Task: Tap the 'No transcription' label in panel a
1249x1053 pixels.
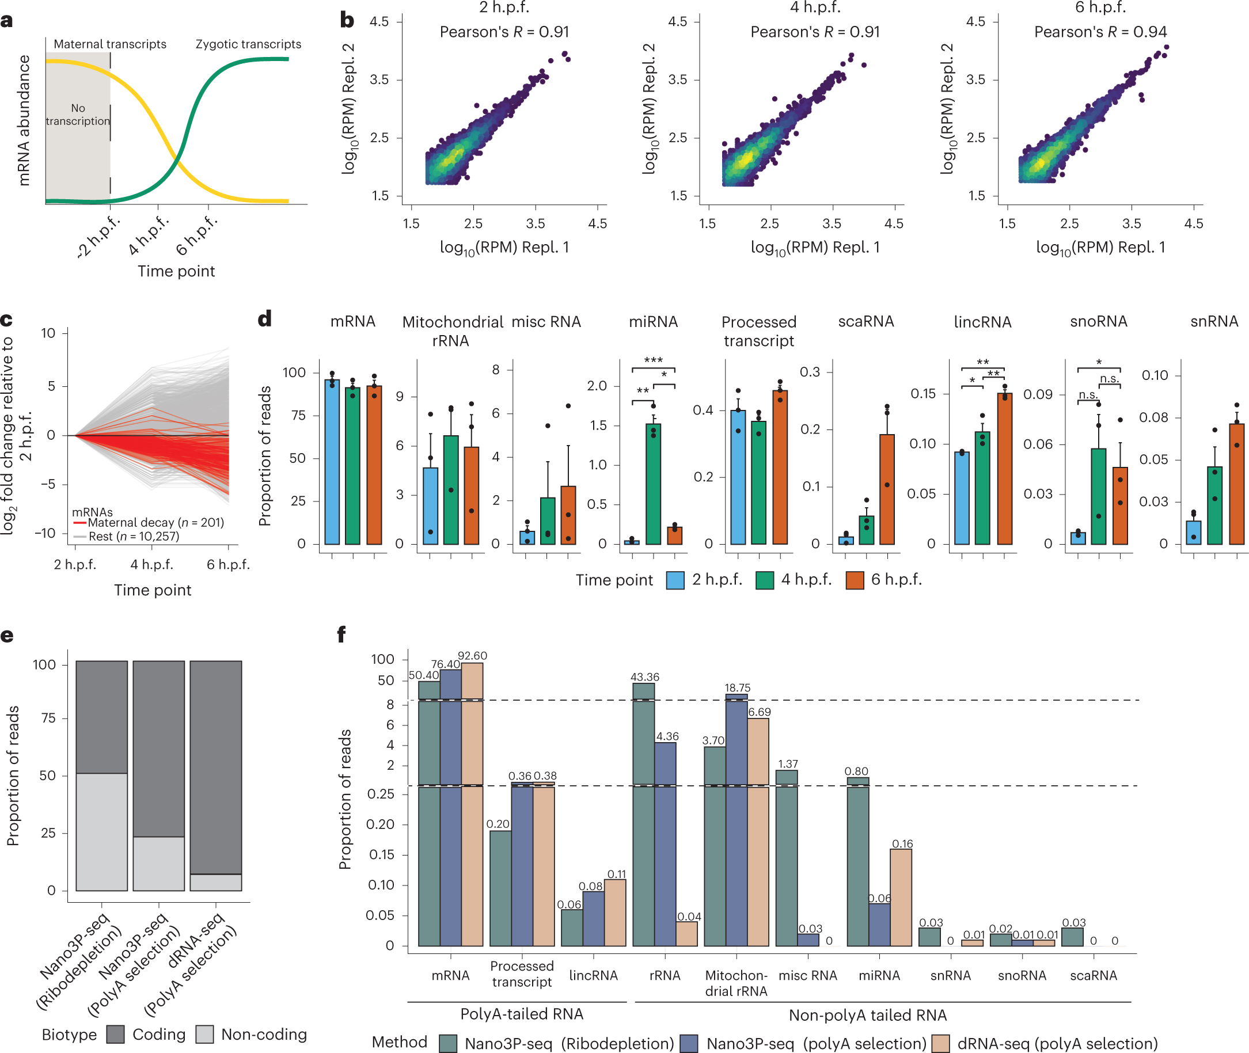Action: (78, 115)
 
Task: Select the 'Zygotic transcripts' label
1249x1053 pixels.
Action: (248, 44)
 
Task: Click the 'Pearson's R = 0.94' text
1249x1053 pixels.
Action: (1100, 32)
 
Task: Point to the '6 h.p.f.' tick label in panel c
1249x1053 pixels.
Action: (228, 564)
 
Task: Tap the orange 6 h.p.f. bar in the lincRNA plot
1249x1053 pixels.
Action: (1005, 469)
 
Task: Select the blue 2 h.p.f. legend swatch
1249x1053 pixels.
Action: (675, 580)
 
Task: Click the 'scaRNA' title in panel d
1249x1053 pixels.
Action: (865, 322)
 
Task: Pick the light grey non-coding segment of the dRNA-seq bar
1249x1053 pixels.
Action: (215, 882)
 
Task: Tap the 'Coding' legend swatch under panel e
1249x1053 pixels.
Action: (115, 1035)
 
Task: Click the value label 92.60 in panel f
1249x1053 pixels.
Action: (472, 656)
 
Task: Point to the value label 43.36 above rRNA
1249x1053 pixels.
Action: (645, 677)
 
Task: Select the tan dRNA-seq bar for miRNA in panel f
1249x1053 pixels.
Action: (901, 897)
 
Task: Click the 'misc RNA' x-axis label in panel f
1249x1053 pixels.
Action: (808, 975)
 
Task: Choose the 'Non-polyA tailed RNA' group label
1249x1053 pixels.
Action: (867, 1016)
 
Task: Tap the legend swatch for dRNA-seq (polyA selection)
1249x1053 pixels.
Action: (941, 1043)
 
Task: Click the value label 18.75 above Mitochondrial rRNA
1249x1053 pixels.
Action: (737, 687)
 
